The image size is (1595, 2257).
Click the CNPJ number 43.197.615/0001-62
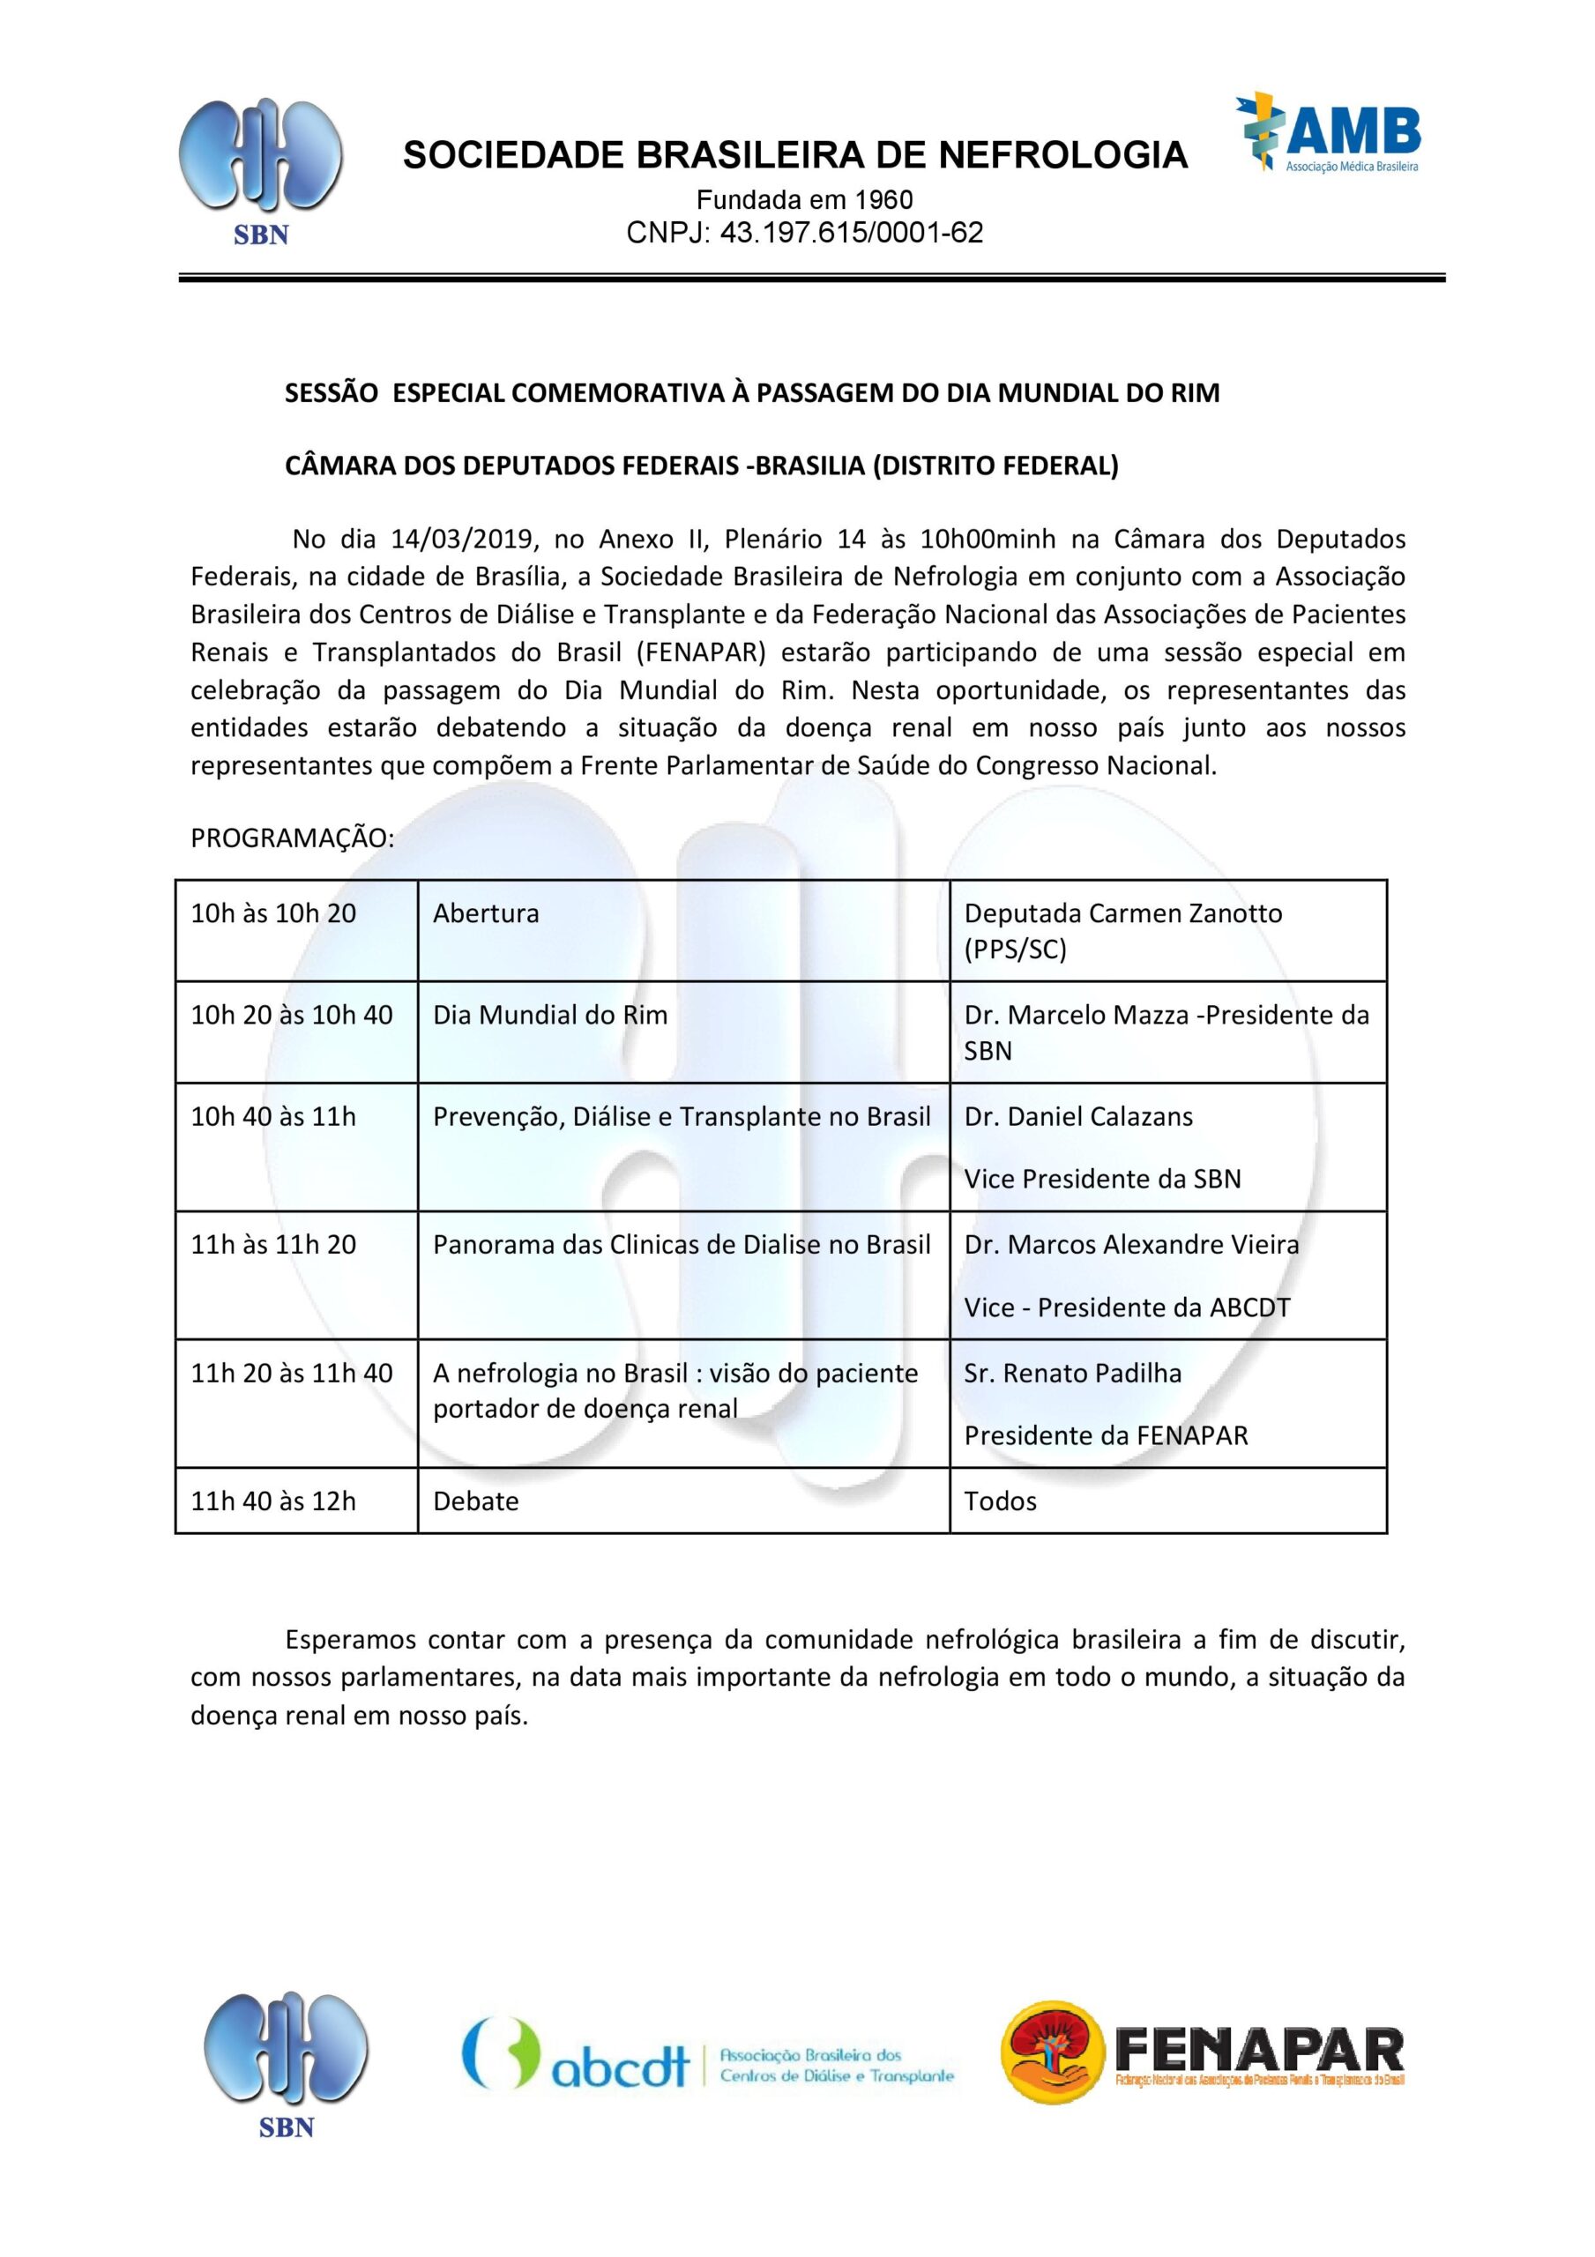pos(852,233)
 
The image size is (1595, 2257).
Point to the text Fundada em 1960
pos(804,200)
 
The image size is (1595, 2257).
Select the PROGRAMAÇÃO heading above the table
pos(292,838)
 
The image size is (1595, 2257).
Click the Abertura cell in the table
pos(486,913)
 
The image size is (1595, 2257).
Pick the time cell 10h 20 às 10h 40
pos(292,1016)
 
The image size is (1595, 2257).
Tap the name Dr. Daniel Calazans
pos(1077,1117)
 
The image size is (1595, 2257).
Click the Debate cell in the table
pos(475,1501)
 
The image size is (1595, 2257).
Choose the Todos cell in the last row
pos(1000,1501)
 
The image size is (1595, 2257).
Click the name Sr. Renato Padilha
pos(1072,1374)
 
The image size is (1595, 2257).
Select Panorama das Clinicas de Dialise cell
pos(682,1245)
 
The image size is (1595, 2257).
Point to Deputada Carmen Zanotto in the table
pos(1122,913)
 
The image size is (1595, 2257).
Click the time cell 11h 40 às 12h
pos(273,1501)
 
